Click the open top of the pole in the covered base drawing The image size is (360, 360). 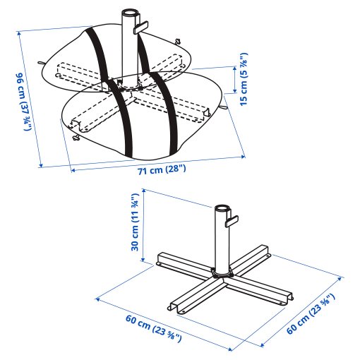tap(131, 14)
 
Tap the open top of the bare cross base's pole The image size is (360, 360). tap(223, 208)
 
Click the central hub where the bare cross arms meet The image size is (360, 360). tap(222, 271)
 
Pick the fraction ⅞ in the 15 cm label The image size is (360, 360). tap(244, 59)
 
